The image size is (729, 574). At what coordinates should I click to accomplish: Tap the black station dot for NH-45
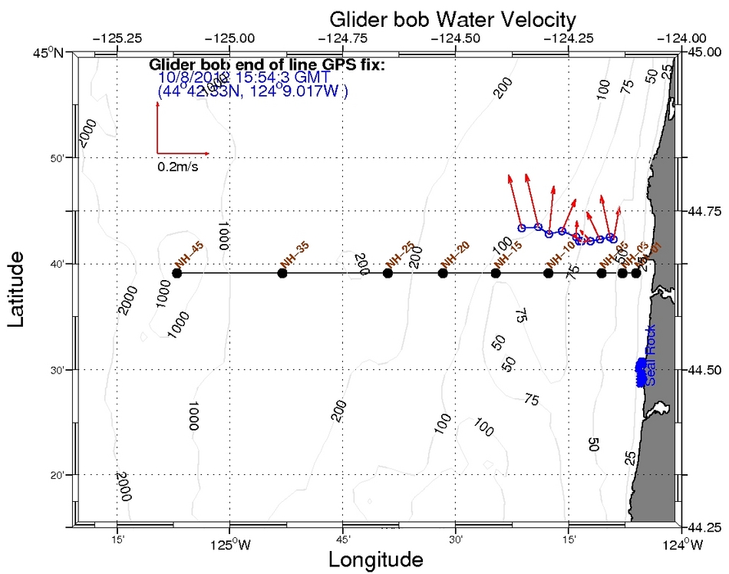[x=177, y=273]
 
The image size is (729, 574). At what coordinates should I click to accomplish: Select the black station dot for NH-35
[x=282, y=273]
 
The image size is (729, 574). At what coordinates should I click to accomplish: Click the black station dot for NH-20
[x=443, y=273]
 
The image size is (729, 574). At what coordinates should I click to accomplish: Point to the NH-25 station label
[x=400, y=255]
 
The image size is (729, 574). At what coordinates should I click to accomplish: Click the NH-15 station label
[x=507, y=256]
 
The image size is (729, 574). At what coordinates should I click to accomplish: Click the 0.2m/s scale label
[x=178, y=167]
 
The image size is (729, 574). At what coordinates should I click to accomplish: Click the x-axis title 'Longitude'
[x=375, y=559]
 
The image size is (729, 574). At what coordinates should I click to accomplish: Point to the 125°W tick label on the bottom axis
[x=228, y=545]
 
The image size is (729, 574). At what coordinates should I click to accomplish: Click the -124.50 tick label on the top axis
[x=456, y=37]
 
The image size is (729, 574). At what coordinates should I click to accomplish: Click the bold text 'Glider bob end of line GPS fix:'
[x=266, y=64]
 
